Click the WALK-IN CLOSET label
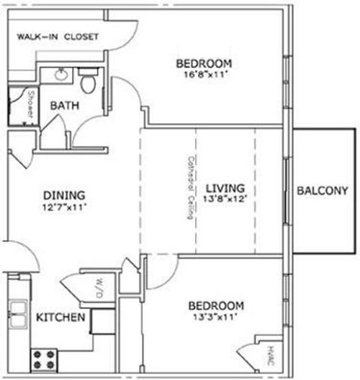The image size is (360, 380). (58, 36)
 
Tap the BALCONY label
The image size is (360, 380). (322, 191)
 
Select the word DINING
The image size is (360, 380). (63, 195)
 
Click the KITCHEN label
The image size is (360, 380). (60, 319)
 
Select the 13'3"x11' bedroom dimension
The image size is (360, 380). (215, 318)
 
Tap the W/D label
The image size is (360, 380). (97, 287)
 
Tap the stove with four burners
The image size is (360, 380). (43, 358)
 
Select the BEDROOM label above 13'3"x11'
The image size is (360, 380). (215, 306)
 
